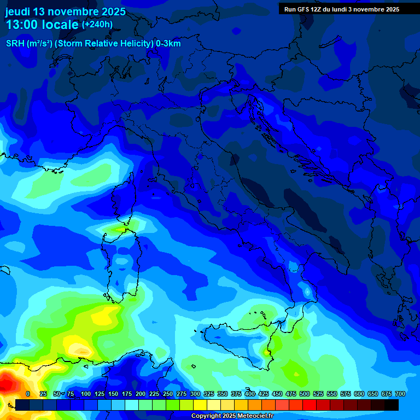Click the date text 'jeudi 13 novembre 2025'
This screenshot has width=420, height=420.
[x=65, y=11]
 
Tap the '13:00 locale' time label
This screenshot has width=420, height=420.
[x=42, y=25]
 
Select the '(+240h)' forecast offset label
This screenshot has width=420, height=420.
[x=97, y=24]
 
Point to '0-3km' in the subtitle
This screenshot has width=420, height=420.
[x=168, y=44]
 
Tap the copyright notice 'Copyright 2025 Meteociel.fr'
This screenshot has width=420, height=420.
[x=232, y=416]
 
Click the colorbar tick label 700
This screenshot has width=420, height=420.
[x=400, y=394]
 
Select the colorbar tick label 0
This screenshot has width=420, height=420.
[x=28, y=394]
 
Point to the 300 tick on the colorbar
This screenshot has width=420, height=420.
[x=195, y=394]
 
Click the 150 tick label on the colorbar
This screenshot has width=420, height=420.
[x=113, y=394]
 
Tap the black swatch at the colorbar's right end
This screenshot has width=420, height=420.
[x=391, y=405]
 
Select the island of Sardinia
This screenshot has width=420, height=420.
[x=123, y=262]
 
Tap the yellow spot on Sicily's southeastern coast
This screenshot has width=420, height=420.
[x=266, y=353]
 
